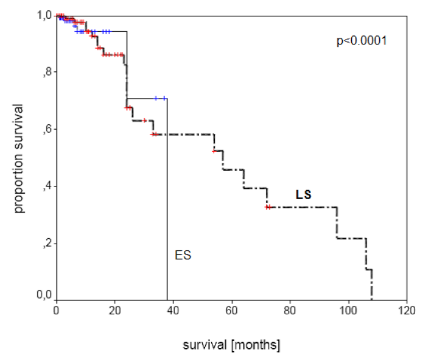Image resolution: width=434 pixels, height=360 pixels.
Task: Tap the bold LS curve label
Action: click(x=303, y=194)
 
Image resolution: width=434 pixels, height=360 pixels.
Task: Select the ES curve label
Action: click(x=183, y=255)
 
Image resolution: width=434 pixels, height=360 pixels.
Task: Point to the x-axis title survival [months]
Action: click(x=231, y=345)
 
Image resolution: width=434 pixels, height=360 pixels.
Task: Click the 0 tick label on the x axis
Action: click(x=56, y=309)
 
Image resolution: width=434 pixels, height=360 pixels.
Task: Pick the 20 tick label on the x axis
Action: click(x=114, y=309)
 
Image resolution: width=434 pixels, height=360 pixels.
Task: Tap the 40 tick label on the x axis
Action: click(x=173, y=309)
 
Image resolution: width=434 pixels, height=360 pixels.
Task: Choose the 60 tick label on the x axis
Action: click(x=231, y=309)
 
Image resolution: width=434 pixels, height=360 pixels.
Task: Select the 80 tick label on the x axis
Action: click(x=290, y=309)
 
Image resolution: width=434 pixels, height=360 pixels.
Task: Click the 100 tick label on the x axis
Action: click(x=348, y=309)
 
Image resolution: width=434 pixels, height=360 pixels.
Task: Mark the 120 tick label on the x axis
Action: click(x=406, y=309)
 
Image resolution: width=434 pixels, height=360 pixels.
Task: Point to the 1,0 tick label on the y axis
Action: click(x=43, y=15)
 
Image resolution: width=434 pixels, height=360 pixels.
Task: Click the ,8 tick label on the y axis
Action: click(x=46, y=72)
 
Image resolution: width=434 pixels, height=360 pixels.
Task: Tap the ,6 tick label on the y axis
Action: click(x=46, y=129)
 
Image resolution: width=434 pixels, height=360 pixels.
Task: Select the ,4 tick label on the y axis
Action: click(x=46, y=186)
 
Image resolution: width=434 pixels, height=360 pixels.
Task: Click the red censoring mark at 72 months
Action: click(x=267, y=207)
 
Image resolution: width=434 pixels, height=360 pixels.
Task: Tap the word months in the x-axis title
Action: click(x=257, y=345)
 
